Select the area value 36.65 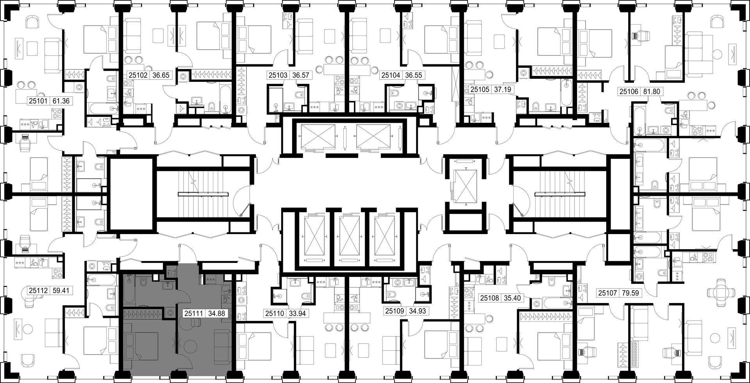[161, 75]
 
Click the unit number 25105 [480, 89]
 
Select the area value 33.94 [298, 313]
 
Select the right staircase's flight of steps [560, 194]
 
